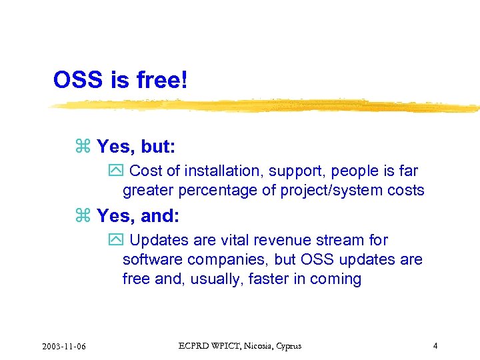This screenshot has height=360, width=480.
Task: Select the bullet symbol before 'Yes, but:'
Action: coord(83,146)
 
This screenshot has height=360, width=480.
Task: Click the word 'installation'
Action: coord(221,171)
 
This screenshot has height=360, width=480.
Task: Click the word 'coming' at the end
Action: coord(337,279)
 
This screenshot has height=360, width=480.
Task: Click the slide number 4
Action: coord(435,345)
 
